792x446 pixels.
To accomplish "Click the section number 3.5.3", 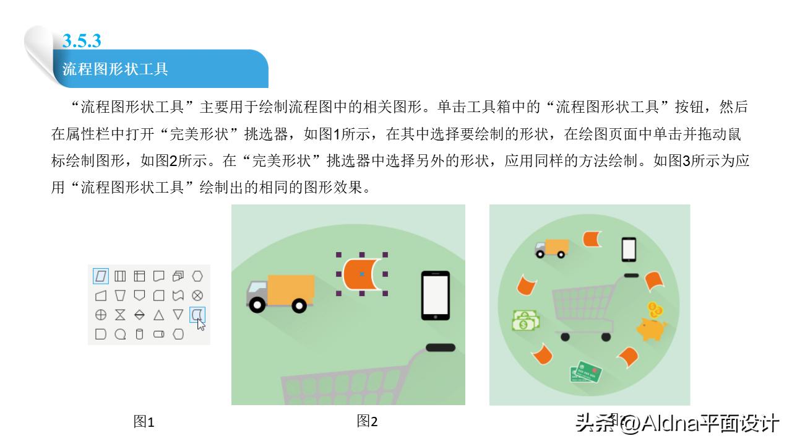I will tap(82, 41).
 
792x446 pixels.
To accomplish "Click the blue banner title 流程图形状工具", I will tap(115, 69).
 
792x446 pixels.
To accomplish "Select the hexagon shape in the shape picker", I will tap(197, 276).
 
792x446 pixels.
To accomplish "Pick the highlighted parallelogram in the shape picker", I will tap(101, 276).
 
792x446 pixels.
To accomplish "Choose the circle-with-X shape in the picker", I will tap(197, 295).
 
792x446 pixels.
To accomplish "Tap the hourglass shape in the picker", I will tap(120, 315).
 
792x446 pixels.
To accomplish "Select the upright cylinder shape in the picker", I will tap(139, 334).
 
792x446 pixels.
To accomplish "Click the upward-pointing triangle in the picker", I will tap(159, 315).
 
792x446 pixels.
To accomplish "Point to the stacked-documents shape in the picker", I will tap(178, 276).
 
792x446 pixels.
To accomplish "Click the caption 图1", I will tap(144, 422).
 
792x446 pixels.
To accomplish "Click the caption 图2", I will tap(367, 422).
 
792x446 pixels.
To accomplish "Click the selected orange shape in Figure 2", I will tap(361, 274).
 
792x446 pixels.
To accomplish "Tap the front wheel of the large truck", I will tap(299, 305).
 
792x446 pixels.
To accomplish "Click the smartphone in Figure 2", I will tap(435, 295).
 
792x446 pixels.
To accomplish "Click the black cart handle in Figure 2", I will tap(441, 348).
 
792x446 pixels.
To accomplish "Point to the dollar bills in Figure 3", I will tap(525, 320).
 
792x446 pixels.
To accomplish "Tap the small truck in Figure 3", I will tap(551, 248).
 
